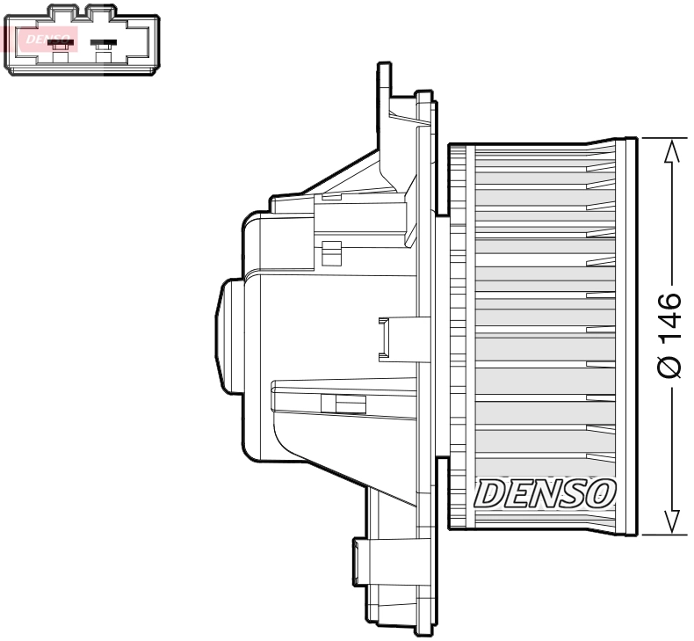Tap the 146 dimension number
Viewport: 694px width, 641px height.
(x=669, y=318)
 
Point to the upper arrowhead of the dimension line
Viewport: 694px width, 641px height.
(x=671, y=151)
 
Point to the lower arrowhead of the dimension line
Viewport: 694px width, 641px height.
(x=671, y=521)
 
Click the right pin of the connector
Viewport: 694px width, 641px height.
(x=104, y=44)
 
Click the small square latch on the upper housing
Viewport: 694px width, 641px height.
(x=330, y=253)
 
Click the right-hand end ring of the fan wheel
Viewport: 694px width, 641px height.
(x=627, y=335)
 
